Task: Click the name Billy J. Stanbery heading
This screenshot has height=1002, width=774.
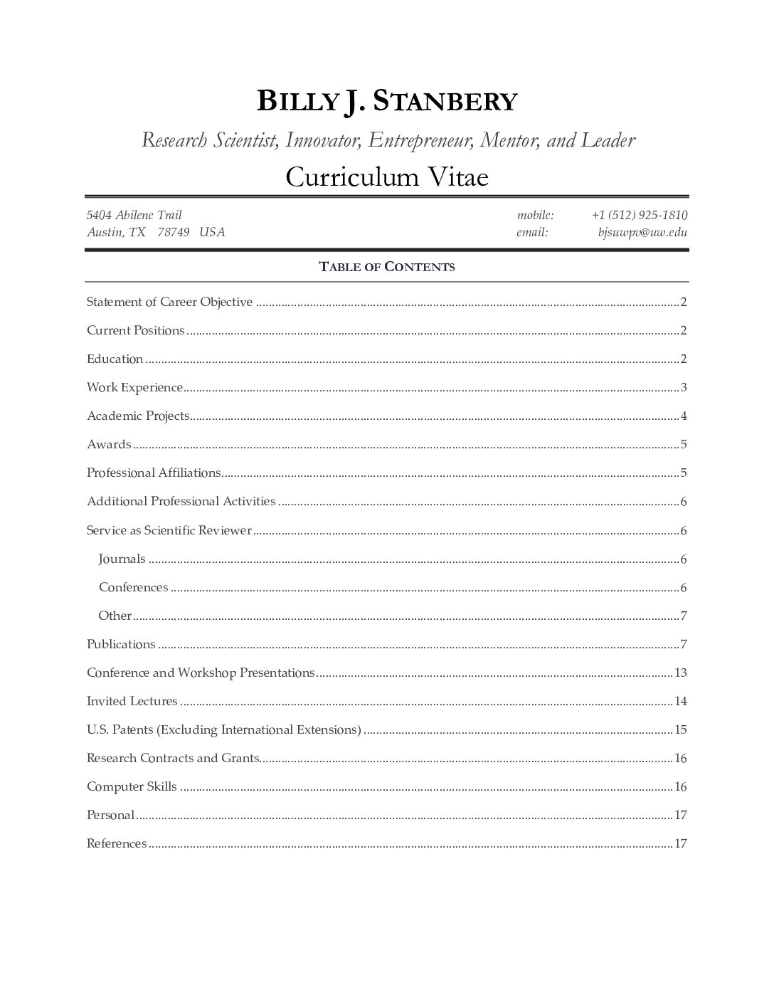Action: click(386, 102)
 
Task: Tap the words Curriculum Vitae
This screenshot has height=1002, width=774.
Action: click(386, 176)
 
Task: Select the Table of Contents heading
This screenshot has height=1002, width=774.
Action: click(386, 267)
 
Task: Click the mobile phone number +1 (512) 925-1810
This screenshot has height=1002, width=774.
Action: click(639, 215)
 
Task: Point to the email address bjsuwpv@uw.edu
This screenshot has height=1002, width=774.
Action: click(642, 232)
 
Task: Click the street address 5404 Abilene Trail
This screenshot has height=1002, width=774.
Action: click(134, 215)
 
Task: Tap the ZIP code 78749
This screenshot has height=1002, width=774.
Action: click(173, 232)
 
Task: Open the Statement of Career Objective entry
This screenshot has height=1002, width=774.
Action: click(169, 302)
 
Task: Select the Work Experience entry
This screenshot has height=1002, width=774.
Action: click(134, 388)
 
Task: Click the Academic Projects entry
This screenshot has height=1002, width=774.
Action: click(138, 416)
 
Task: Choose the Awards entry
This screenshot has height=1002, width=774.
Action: click(109, 445)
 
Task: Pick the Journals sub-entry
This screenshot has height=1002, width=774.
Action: click(122, 559)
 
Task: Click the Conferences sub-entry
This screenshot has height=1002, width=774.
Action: click(133, 587)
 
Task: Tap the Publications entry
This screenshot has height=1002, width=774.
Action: click(121, 644)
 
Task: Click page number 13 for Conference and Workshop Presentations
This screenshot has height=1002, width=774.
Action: click(681, 673)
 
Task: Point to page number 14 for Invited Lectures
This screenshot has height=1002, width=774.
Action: click(681, 701)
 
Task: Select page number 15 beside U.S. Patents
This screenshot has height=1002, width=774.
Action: click(681, 729)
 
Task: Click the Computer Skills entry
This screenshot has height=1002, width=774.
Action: click(132, 786)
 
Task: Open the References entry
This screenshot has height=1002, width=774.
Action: click(117, 843)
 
